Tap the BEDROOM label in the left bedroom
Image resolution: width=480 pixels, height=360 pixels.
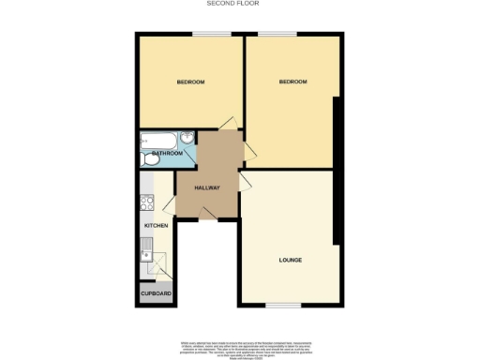click(x=190, y=82)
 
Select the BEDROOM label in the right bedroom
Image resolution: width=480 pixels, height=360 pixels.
click(x=292, y=82)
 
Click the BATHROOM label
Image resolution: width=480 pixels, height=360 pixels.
click(x=166, y=153)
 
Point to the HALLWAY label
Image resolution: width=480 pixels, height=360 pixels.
click(x=206, y=187)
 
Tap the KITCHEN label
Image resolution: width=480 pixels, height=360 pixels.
click(x=155, y=226)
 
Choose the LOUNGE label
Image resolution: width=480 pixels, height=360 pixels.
click(x=290, y=259)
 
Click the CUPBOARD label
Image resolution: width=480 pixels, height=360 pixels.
click(x=156, y=293)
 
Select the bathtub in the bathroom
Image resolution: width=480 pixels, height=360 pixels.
click(x=157, y=142)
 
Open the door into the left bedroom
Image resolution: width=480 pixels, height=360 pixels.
click(x=228, y=123)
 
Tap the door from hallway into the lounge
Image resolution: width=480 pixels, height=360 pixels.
click(x=244, y=181)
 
